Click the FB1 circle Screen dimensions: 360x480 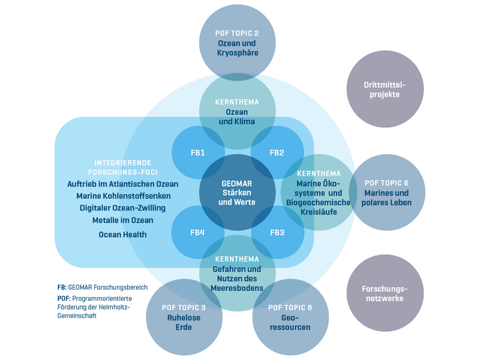[198, 152]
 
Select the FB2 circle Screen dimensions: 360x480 [277, 152]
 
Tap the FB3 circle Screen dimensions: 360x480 [277, 232]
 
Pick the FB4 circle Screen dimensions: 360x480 [198, 232]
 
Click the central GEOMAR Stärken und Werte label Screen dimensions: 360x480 [238, 192]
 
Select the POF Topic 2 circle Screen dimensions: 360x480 [238, 43]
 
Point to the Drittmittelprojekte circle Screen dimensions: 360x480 [385, 89]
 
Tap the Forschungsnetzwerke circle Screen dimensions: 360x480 [385, 293]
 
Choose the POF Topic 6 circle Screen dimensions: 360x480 [387, 192]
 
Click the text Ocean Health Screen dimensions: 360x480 [122, 235]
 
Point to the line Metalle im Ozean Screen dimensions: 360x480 [122, 220]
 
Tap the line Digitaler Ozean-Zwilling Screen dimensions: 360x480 [122, 208]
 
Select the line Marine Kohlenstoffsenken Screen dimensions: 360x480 [124, 196]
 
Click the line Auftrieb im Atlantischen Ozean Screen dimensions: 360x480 [123, 183]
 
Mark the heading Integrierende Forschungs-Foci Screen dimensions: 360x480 [122, 167]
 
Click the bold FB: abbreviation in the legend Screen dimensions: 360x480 [61, 287]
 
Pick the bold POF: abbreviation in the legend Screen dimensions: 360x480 [64, 298]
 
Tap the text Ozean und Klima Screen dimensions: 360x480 [238, 117]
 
